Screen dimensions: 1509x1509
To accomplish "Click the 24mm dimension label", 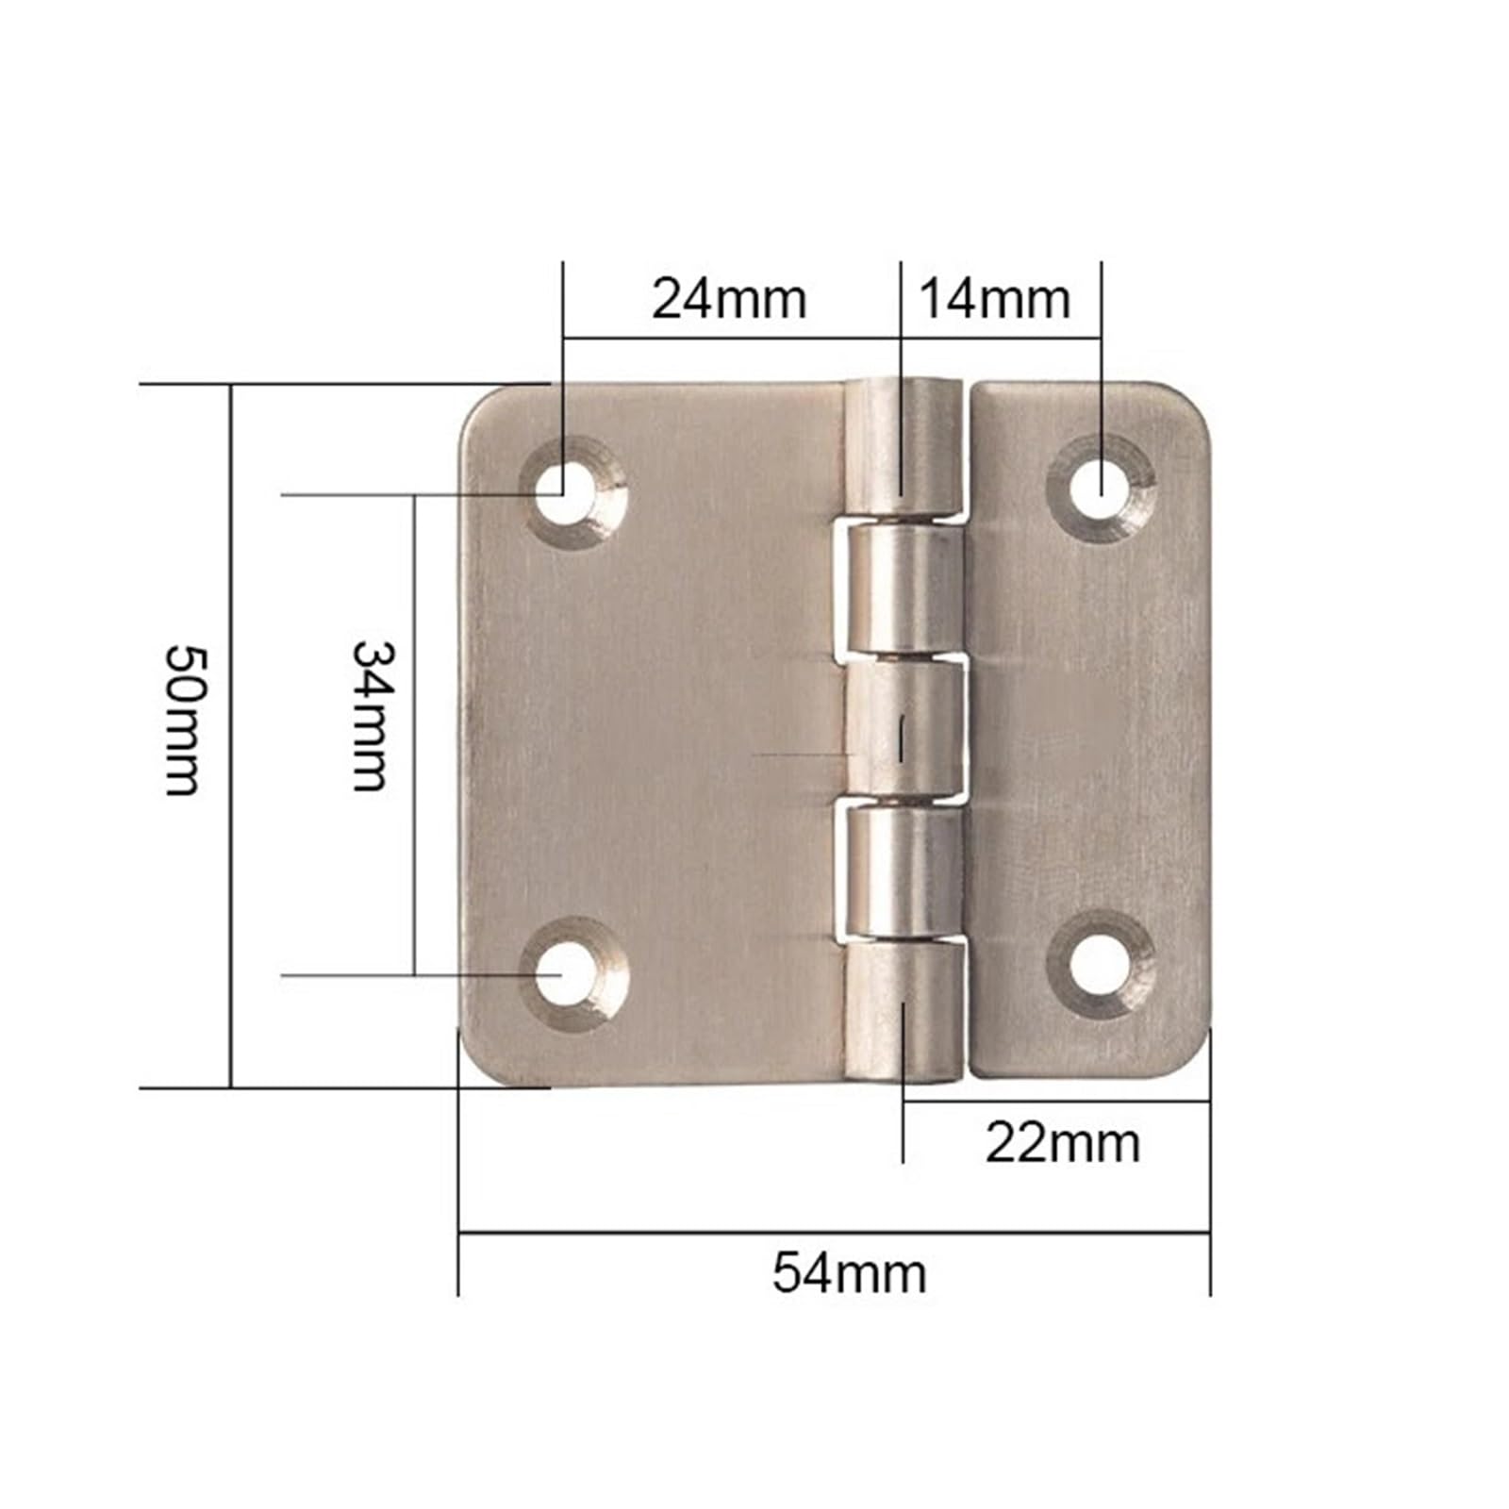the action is (x=729, y=300).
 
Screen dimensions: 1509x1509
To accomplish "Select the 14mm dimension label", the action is (x=995, y=300).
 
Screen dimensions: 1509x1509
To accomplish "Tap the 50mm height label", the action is (x=183, y=720).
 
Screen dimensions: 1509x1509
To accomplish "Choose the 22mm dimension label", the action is (x=1063, y=1143).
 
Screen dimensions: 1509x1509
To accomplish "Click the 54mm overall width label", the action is (x=850, y=1273).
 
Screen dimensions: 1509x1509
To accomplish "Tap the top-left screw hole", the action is (x=563, y=490).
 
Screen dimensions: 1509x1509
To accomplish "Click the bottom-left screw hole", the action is (x=563, y=974).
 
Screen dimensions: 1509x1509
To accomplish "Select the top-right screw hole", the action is (x=1101, y=489).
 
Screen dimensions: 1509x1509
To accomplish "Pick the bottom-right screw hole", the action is (x=1101, y=966).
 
